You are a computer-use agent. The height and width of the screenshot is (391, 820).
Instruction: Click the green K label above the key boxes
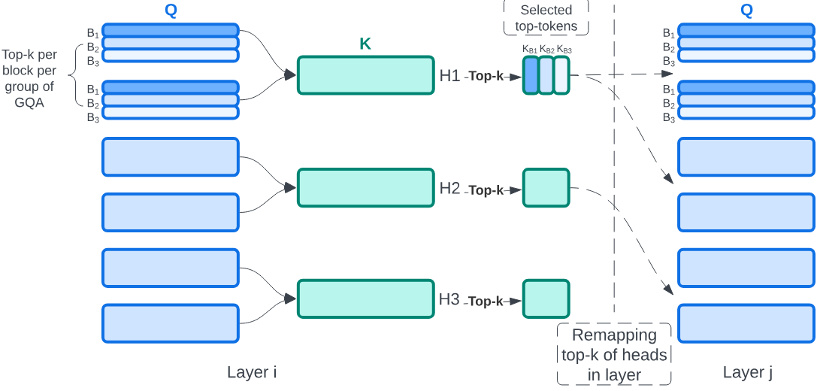(365, 44)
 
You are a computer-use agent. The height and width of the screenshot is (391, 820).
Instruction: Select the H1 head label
(449, 75)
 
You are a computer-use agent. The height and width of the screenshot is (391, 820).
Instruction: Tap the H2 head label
(449, 188)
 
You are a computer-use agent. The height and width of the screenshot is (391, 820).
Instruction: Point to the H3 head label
(449, 299)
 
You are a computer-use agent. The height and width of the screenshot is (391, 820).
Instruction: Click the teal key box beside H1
(366, 75)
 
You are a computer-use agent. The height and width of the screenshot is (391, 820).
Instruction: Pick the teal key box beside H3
(366, 299)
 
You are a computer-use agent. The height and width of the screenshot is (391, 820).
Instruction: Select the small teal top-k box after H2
(546, 188)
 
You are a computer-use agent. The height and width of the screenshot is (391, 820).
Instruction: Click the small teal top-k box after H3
(546, 299)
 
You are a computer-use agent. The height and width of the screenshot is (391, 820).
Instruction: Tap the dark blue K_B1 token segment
(531, 75)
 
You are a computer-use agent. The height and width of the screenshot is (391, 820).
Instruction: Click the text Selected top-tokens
(546, 18)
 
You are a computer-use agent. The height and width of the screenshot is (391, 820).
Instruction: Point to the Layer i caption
(252, 372)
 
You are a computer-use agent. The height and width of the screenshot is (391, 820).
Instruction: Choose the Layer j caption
(747, 372)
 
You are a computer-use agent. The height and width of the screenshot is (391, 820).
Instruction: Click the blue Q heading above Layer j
(746, 11)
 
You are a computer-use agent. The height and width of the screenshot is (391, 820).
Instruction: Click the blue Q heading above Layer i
(171, 11)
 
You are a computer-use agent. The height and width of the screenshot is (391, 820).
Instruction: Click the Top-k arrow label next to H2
(486, 190)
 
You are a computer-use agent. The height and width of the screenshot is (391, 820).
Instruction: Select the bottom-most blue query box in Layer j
(746, 323)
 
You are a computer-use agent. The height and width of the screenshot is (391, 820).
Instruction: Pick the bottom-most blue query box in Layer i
(171, 323)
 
